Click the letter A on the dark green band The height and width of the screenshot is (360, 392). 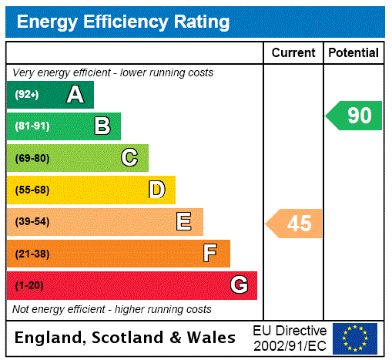tap(75, 95)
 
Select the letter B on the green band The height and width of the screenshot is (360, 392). tap(102, 126)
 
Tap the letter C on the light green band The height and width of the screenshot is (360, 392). tap(129, 158)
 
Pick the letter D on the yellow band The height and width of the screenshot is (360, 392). tap(156, 190)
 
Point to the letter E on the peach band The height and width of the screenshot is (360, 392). tap(184, 222)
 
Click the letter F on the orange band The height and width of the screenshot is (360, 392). tap(210, 253)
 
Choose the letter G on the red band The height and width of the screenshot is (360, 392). tap(239, 285)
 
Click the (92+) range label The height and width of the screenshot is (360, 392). tap(26, 95)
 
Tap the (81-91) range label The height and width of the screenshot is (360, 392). tap(32, 126)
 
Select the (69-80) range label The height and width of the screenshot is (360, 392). tap(32, 158)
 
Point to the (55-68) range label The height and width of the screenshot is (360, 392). tap(32, 190)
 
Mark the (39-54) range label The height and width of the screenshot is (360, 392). tap(32, 222)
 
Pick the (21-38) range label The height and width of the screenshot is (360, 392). tap(32, 254)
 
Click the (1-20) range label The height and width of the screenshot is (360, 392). tap(29, 285)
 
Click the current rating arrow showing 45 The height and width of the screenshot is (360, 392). tap(294, 224)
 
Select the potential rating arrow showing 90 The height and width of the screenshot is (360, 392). tap(354, 116)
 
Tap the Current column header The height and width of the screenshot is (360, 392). tap(293, 53)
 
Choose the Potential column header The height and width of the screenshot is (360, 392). tap(353, 53)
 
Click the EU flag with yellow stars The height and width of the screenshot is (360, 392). tap(355, 338)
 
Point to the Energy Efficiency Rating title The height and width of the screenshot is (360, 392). tap(123, 22)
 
